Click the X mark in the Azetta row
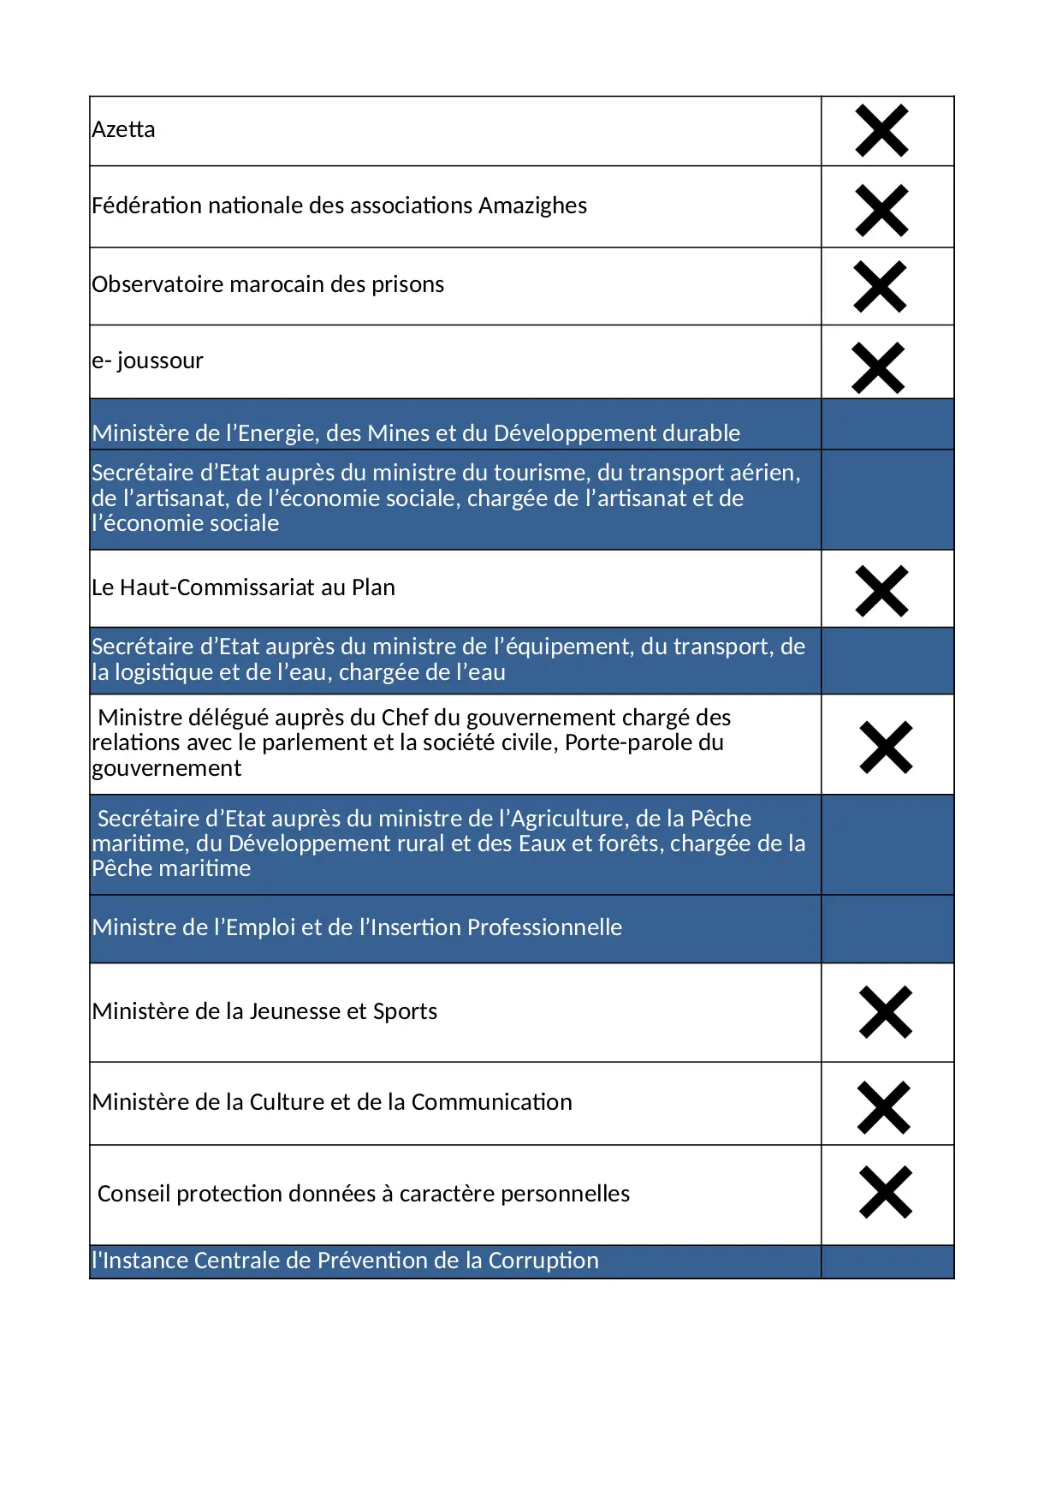pos(881,131)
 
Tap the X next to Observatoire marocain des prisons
pos(880,286)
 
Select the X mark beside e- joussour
pos(878,368)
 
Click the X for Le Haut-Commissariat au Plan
pos(881,591)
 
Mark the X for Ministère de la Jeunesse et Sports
pos(886,1012)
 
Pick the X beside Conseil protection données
pos(886,1192)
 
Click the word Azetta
pos(124,130)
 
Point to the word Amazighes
pos(532,206)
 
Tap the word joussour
pos(160,361)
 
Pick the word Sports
pos(405,1012)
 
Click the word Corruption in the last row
pos(543,1261)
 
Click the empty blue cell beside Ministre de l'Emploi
pos(887,929)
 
